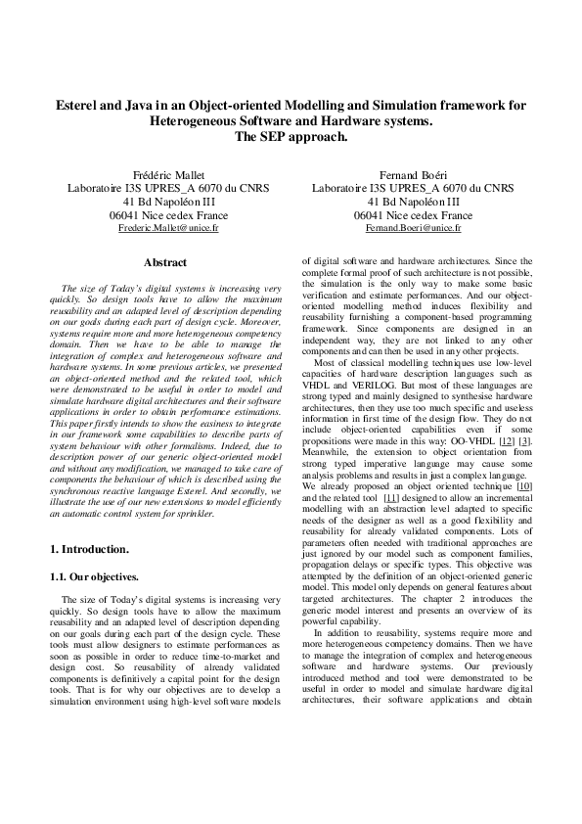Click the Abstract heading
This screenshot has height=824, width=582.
coord(165,262)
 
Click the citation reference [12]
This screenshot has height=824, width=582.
coord(503,441)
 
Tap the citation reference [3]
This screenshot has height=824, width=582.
coord(525,441)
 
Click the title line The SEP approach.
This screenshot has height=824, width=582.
coord(291,137)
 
